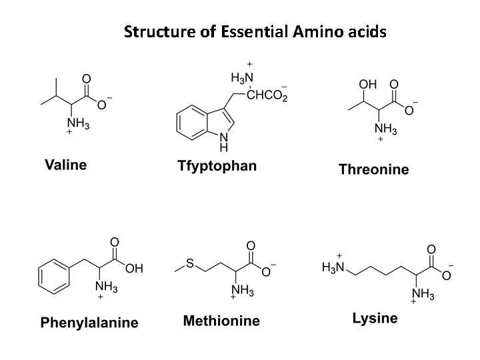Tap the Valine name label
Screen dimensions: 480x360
(65, 164)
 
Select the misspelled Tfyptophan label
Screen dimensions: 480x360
(217, 165)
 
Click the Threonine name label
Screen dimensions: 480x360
(373, 169)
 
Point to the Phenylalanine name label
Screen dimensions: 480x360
(89, 323)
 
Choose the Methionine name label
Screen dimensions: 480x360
(221, 321)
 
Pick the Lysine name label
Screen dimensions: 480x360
(375, 318)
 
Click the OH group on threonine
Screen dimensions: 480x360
(367, 85)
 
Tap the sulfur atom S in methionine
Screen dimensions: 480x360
(189, 265)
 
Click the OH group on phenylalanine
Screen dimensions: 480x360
(133, 269)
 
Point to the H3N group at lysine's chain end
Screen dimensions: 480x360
(333, 268)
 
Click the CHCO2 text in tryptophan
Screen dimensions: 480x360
(267, 96)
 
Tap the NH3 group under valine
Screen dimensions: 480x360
(79, 123)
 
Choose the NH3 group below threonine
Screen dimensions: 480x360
(385, 129)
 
